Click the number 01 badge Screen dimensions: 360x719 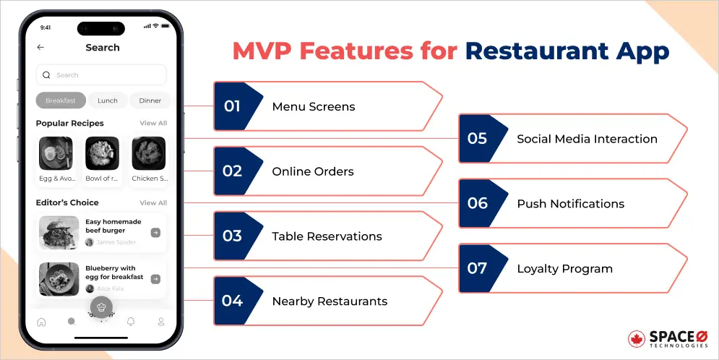(x=232, y=106)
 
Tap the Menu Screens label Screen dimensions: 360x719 (x=313, y=106)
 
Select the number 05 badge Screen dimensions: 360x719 (x=477, y=139)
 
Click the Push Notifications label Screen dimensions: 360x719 (x=570, y=204)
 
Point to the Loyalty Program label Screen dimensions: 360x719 (x=564, y=269)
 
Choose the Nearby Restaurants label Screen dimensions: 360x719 (x=330, y=301)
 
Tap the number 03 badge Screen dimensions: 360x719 (x=232, y=236)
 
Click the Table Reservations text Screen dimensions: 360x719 (x=327, y=236)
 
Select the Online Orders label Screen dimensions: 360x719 (x=312, y=171)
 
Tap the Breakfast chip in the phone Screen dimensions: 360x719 (x=61, y=100)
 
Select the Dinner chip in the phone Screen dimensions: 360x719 (x=150, y=100)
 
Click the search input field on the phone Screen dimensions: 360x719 (x=101, y=74)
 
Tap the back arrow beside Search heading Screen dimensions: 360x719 (x=40, y=48)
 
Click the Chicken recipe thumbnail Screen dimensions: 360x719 (x=149, y=153)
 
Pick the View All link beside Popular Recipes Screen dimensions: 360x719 (x=153, y=124)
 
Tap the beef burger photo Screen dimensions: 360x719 (x=59, y=233)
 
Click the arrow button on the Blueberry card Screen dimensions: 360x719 (x=155, y=279)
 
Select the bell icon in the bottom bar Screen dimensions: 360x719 (x=131, y=322)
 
